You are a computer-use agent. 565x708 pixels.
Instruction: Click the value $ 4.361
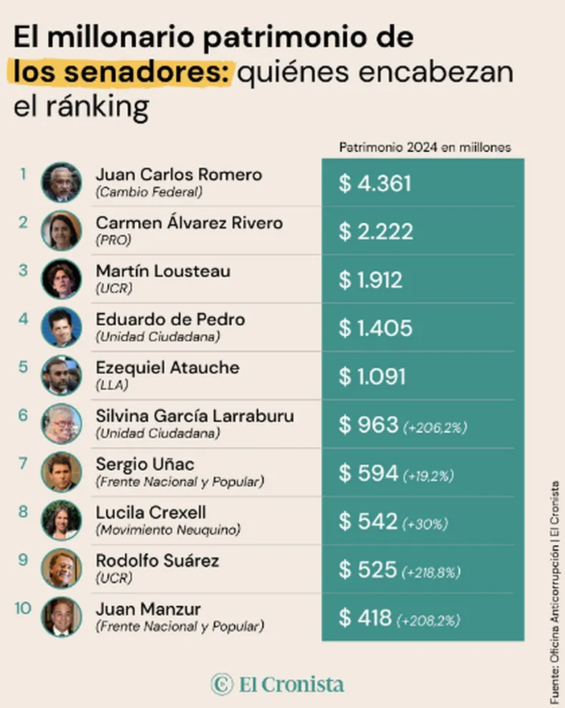tap(375, 183)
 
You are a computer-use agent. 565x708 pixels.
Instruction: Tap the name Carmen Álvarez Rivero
tap(189, 223)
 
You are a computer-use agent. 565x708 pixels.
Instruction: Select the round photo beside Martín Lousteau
tap(62, 279)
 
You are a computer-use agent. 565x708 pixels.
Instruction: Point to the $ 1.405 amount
tap(375, 328)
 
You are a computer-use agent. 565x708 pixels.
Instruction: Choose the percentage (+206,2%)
tap(435, 427)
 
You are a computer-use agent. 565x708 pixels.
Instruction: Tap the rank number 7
tap(23, 463)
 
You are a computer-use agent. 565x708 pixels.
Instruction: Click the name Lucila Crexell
tap(151, 512)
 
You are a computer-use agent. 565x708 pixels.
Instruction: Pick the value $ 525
tap(368, 569)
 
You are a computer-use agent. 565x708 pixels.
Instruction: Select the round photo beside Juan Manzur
tap(62, 616)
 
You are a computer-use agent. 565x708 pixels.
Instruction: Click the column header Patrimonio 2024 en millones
tap(425, 147)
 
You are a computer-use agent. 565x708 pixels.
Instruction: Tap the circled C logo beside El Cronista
tap(222, 684)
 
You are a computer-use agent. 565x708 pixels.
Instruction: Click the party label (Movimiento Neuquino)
tap(168, 530)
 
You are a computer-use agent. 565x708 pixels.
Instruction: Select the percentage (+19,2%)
tap(428, 476)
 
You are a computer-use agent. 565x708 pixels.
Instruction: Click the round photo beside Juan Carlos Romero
tap(62, 182)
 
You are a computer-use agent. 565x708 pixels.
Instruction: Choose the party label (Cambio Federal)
tap(149, 191)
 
